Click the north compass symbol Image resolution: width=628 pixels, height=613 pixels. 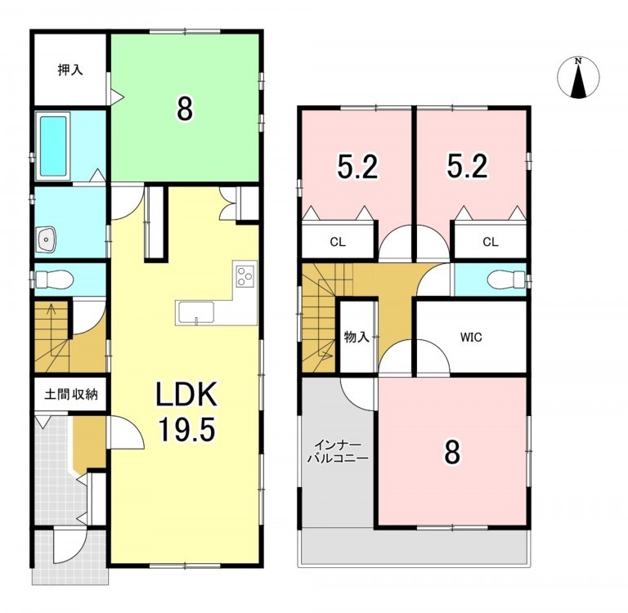point(578,78)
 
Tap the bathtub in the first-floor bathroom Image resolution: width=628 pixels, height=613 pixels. point(53,146)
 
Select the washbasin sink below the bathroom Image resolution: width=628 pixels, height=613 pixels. point(46,239)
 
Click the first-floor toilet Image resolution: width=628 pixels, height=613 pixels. point(54,279)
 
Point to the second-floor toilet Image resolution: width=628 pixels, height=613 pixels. point(506,279)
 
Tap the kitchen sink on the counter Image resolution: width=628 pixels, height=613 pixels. point(196,312)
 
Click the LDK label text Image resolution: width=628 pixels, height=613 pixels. point(186,394)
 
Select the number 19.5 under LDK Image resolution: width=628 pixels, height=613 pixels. point(187,428)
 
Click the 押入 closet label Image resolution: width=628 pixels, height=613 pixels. point(70,70)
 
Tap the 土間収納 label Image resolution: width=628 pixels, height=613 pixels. point(71,395)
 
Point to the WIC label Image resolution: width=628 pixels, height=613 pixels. point(471,338)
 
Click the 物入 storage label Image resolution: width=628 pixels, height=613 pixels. point(357,337)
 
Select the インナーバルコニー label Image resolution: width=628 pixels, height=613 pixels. point(338,452)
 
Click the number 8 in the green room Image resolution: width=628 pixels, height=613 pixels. point(185,110)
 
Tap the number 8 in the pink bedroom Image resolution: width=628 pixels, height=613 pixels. point(452,453)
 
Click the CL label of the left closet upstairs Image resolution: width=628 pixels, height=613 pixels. point(338,242)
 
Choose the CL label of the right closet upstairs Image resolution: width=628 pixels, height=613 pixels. point(491,242)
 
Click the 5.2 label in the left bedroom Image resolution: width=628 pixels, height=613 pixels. point(357,167)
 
